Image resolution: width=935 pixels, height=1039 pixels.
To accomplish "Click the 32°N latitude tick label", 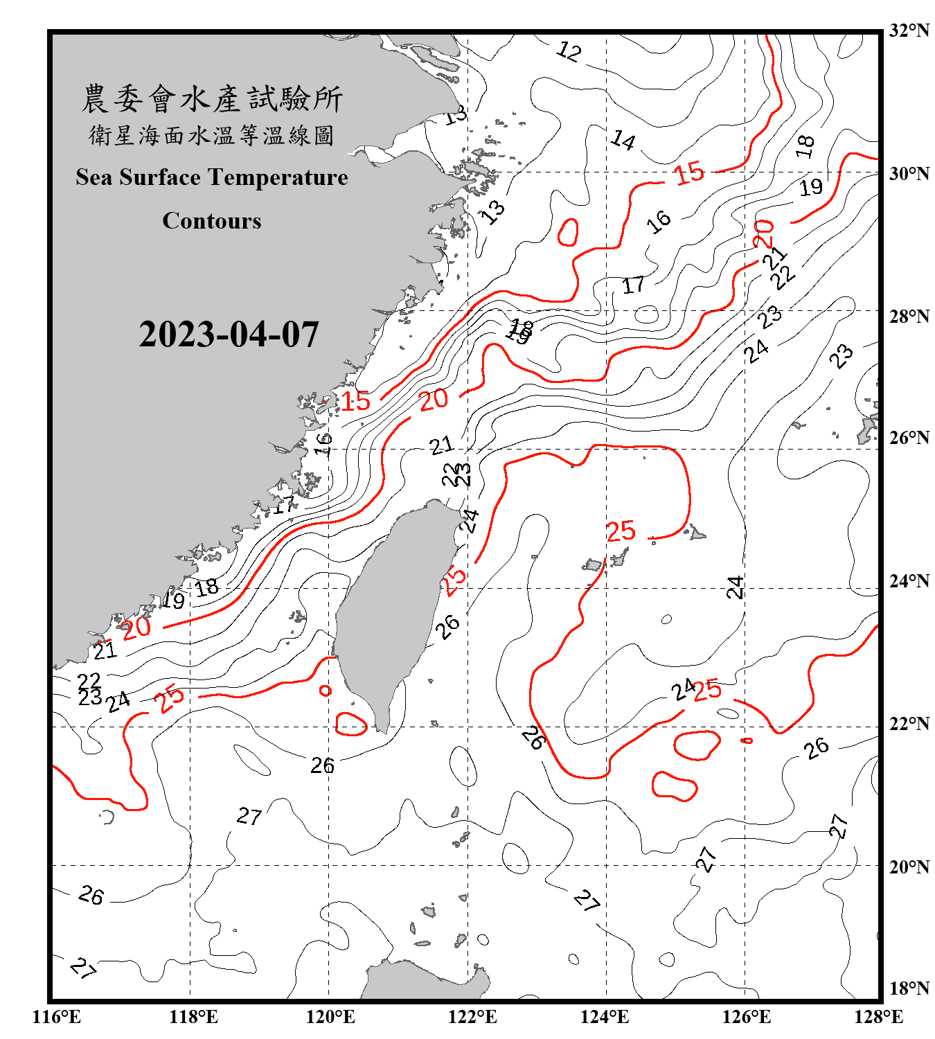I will (909, 30).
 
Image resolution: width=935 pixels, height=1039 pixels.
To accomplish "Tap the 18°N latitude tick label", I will (909, 988).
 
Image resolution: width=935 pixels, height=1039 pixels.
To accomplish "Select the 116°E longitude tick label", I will (57, 1017).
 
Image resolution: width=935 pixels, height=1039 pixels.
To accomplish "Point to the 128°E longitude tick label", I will (878, 1017).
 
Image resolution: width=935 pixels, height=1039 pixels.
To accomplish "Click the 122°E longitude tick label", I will (472, 1017).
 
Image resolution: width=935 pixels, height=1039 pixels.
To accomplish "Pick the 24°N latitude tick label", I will (909, 580).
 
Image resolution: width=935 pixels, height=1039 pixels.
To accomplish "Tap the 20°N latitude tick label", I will (909, 867).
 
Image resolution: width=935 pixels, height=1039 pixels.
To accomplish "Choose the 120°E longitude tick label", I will (330, 1017).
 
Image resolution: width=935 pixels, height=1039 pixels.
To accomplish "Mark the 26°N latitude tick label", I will (909, 438).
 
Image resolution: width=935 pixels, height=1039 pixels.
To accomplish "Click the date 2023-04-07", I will (229, 335).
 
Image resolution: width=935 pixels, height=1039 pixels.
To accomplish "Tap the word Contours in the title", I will (212, 221).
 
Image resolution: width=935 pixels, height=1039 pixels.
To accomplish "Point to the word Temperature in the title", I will (278, 177).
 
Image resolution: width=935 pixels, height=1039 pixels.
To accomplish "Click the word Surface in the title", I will (160, 177).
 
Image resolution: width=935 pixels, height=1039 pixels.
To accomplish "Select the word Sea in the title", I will (93, 177).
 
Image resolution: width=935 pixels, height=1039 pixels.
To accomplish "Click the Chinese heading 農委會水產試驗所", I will (212, 99).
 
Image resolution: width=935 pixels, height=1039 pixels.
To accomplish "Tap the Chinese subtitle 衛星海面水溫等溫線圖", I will (212, 135).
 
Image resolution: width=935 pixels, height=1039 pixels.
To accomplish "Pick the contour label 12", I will (569, 51).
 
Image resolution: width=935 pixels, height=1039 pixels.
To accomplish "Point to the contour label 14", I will (623, 141).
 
